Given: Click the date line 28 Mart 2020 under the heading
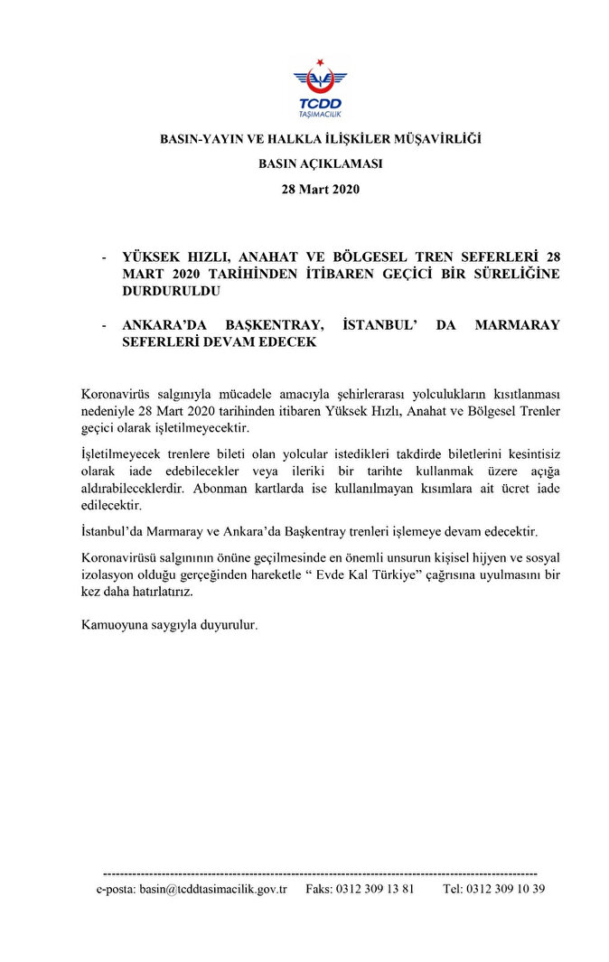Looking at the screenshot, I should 321,189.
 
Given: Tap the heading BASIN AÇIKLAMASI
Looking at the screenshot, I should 321,164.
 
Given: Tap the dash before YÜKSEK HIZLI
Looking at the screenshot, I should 106,257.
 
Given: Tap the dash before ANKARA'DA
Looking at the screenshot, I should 106,325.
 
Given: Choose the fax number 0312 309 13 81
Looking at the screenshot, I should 374,889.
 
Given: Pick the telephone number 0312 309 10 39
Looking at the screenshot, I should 506,889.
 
